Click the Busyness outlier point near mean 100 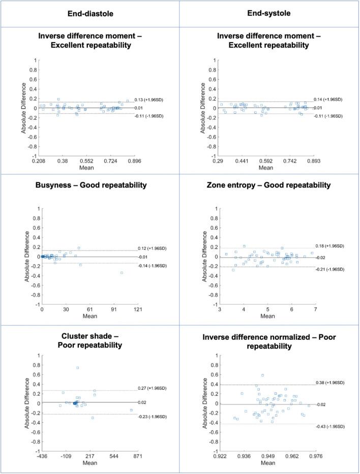pos(122,273)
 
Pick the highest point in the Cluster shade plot pos(77,368)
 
